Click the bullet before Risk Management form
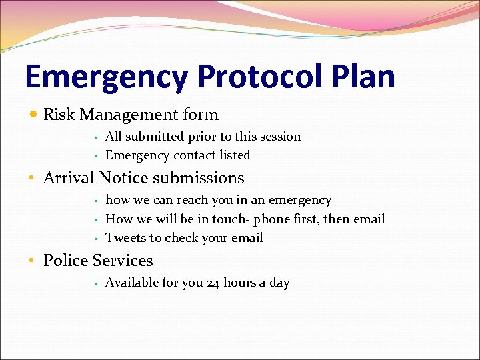pyautogui.click(x=33, y=115)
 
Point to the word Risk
pyautogui.click(x=59, y=115)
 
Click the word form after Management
pyautogui.click(x=201, y=115)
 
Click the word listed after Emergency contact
pyautogui.click(x=232, y=155)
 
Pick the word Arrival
pyautogui.click(x=69, y=178)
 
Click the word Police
pyautogui.click(x=65, y=261)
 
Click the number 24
pyautogui.click(x=213, y=283)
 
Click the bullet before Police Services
pyautogui.click(x=33, y=261)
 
